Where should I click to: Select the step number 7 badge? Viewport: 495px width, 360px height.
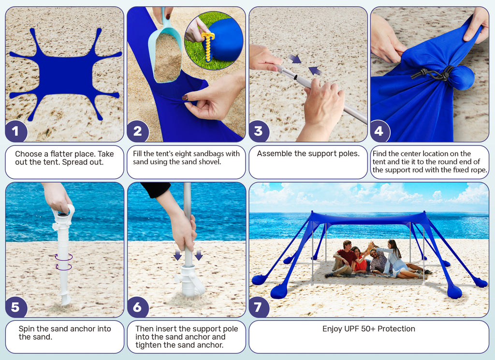258,307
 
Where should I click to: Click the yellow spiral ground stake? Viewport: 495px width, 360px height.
207,46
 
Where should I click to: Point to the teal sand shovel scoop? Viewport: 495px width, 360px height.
165,50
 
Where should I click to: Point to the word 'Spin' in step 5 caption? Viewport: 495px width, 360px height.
27,329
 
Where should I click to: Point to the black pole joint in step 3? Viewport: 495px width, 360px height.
296,77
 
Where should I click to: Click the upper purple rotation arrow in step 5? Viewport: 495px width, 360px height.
63,257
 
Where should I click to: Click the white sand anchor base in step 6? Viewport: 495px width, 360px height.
189,281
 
